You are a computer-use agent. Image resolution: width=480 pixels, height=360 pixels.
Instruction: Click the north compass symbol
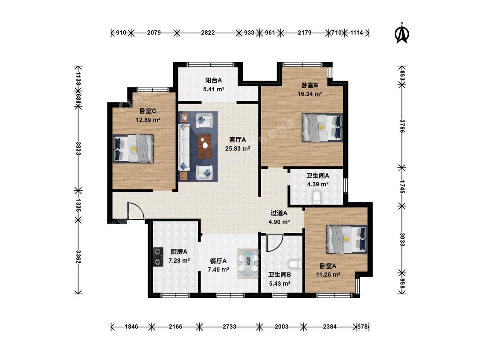tap(402, 33)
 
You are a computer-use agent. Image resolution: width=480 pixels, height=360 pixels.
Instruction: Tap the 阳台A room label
tap(213, 81)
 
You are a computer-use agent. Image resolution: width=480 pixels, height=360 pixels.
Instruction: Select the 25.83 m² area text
tap(238, 149)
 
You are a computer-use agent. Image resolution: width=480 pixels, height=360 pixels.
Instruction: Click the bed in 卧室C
tap(133, 148)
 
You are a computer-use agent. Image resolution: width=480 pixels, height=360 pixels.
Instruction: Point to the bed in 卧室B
tap(322, 128)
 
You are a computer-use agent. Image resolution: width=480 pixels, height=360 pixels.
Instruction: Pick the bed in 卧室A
tap(346, 239)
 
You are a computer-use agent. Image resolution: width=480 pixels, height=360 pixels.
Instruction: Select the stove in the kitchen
tap(158, 257)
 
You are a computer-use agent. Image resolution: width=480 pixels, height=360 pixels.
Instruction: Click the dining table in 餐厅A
tap(248, 264)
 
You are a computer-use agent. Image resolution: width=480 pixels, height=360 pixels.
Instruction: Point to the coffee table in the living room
tap(204, 146)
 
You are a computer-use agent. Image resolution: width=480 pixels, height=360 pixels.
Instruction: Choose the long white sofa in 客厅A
tap(184, 147)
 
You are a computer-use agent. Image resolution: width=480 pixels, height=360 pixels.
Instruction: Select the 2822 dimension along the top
tap(208, 32)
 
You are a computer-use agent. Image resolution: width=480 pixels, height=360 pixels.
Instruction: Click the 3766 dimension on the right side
tap(402, 126)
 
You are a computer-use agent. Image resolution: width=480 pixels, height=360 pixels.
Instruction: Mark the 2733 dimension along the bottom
tap(229, 327)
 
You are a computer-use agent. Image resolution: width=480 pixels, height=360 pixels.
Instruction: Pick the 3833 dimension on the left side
tap(79, 148)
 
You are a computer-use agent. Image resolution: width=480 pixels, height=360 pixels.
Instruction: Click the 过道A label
tap(279, 213)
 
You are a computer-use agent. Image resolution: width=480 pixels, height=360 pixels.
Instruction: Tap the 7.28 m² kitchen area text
tap(179, 261)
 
